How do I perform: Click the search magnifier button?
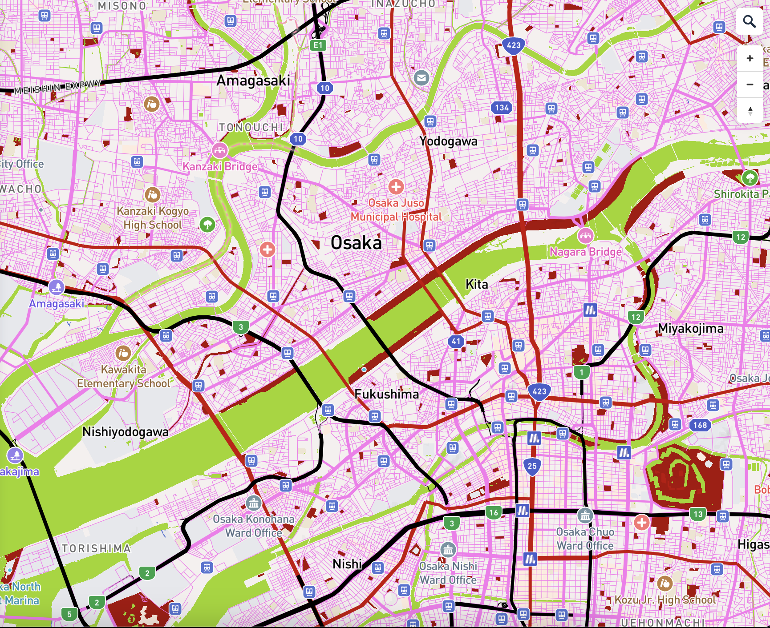750,21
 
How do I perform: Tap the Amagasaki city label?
253,81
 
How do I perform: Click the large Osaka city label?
356,243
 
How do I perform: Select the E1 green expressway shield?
318,45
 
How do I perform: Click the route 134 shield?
502,107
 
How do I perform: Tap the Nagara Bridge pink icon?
585,236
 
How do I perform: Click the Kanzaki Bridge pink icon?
219,150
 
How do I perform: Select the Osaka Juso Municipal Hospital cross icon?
396,187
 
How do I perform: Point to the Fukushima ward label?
386,394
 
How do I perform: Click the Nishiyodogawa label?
126,432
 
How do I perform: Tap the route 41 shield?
456,341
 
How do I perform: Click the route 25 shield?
532,466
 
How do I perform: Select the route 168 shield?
700,425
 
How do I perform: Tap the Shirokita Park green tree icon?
750,178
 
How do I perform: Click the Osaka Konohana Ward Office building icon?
253,503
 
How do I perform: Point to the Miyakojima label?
690,329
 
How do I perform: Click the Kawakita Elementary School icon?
123,353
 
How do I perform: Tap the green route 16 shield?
494,512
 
